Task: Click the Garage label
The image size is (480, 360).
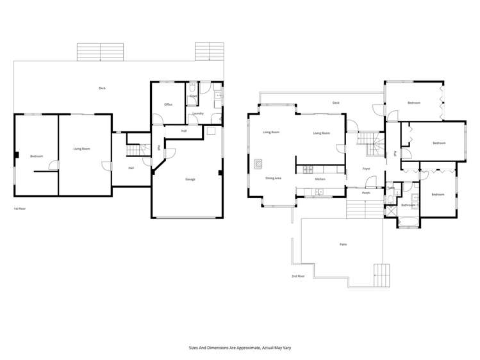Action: pyautogui.click(x=190, y=179)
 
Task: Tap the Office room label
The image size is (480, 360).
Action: pyautogui.click(x=169, y=104)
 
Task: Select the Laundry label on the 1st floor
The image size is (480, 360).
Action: pyautogui.click(x=198, y=113)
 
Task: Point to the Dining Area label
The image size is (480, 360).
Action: pyautogui.click(x=273, y=177)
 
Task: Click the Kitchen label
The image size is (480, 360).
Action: pyautogui.click(x=320, y=179)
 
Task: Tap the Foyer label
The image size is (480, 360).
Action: pyautogui.click(x=366, y=168)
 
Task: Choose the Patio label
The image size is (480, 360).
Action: pyautogui.click(x=343, y=245)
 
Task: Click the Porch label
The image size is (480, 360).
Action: pyautogui.click(x=366, y=193)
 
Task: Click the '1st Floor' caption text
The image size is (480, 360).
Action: pyautogui.click(x=19, y=209)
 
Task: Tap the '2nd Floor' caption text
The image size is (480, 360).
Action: pyautogui.click(x=298, y=276)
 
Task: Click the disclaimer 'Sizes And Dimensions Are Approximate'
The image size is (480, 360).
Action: pyautogui.click(x=240, y=348)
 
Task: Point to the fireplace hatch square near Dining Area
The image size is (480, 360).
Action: pyautogui.click(x=258, y=163)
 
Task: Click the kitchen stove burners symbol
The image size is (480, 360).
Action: pyautogui.click(x=308, y=169)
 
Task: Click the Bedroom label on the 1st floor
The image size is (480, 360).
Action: pyautogui.click(x=36, y=156)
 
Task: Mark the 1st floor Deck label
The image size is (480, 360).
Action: pyautogui.click(x=102, y=88)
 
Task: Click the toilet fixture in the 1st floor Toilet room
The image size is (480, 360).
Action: pyautogui.click(x=193, y=87)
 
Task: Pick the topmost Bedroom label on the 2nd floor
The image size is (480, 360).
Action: pyautogui.click(x=414, y=102)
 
